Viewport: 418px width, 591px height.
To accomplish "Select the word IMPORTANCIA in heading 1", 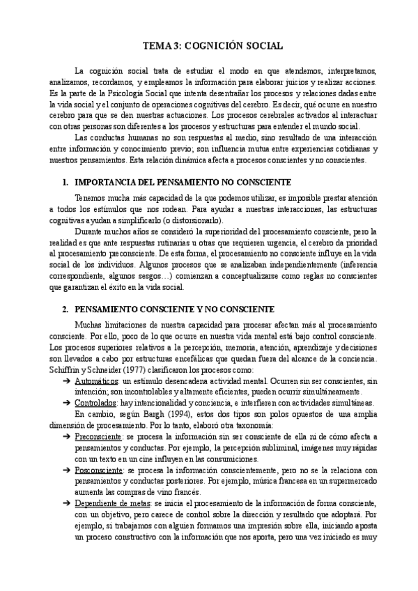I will click(104, 183).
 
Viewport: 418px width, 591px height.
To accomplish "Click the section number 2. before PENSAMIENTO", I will click(66, 309).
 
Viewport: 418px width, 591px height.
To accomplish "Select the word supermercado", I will click(350, 484).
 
